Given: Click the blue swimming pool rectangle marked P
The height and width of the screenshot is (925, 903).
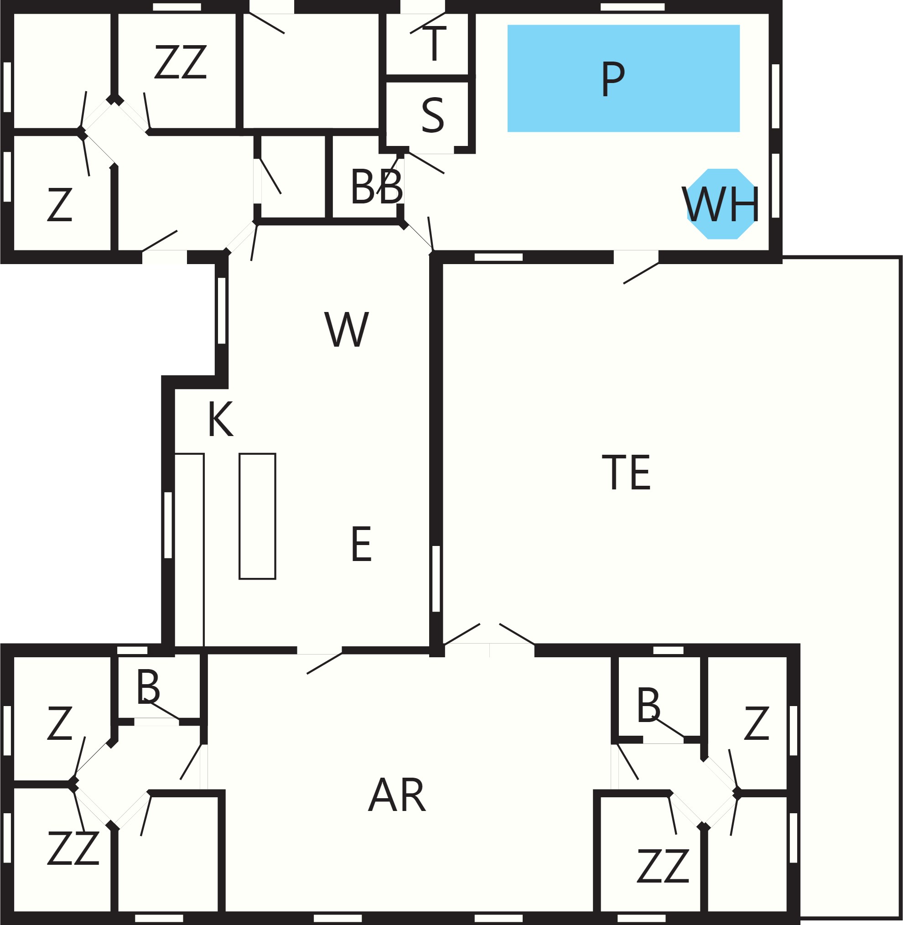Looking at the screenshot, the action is tap(623, 78).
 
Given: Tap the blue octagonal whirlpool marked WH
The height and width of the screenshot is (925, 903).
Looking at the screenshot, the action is tap(722, 203).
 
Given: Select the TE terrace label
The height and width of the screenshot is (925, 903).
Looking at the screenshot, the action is tap(626, 472).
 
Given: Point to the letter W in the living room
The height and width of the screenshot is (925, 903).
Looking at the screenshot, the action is tap(347, 329).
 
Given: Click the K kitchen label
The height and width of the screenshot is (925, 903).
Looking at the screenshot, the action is tap(221, 419).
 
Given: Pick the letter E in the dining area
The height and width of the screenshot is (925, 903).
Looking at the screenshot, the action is tap(361, 544).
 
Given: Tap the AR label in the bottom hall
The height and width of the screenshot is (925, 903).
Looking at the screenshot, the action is tap(397, 795).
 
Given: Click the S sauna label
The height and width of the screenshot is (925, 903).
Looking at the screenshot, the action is tap(432, 115).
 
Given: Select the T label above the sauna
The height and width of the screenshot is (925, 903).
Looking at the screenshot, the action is tap(435, 44).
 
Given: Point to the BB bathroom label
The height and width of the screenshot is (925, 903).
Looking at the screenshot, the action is tap(377, 187).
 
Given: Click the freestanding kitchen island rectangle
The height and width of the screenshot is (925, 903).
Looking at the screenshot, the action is tap(258, 516).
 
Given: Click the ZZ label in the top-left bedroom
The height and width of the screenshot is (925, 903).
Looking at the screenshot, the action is tap(181, 62).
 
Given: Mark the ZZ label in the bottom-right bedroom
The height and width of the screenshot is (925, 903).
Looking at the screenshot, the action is tap(663, 866).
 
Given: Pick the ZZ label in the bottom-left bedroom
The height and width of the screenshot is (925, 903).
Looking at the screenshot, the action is tap(73, 847).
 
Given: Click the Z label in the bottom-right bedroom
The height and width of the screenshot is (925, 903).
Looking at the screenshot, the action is tap(757, 723).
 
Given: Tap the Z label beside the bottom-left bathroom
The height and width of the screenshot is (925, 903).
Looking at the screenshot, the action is tap(60, 723).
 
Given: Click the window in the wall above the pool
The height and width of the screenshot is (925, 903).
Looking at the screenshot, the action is tap(632, 7).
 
